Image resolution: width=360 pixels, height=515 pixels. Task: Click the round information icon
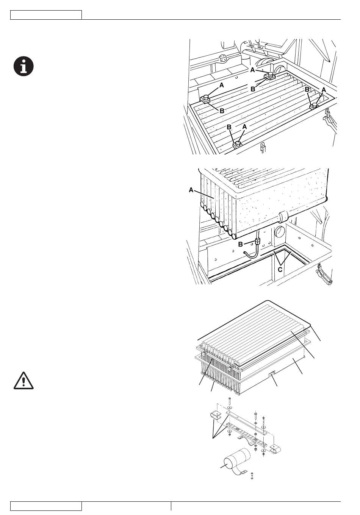click(23, 66)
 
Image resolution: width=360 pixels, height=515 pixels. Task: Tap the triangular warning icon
click(23, 381)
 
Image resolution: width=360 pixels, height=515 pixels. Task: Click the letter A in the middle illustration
click(191, 190)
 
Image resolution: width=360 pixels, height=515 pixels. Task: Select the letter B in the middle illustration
click(240, 244)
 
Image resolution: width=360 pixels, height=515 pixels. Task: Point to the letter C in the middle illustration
click(280, 270)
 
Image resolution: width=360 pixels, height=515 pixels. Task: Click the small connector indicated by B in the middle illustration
click(257, 242)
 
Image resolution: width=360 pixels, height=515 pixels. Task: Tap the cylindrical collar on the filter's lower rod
click(283, 217)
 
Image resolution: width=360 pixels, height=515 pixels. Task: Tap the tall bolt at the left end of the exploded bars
click(229, 402)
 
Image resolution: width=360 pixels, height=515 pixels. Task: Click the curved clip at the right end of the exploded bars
click(275, 448)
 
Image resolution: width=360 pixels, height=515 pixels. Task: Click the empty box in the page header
click(46, 15)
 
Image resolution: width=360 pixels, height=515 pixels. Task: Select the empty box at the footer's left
click(46, 506)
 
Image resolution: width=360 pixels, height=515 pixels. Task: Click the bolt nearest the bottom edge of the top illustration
click(238, 145)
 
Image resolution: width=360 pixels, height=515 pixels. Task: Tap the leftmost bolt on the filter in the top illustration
click(206, 99)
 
